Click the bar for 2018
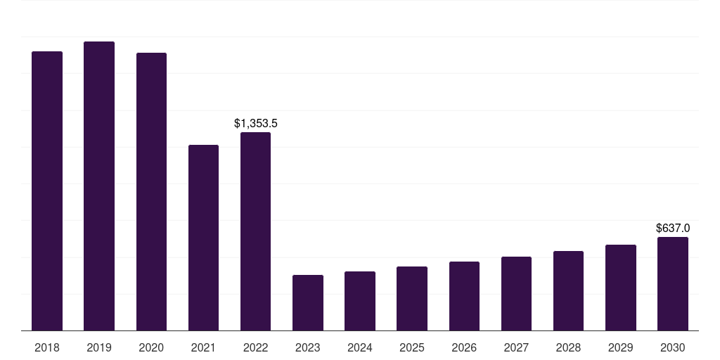pyautogui.click(x=47, y=191)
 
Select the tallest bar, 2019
pyautogui.click(x=99, y=186)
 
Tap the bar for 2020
pyautogui.click(x=151, y=191)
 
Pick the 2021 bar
pyautogui.click(x=203, y=238)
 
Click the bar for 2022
pyautogui.click(x=255, y=231)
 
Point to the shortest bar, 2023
pyautogui.click(x=308, y=302)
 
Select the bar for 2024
pyautogui.click(x=360, y=301)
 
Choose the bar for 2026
pyautogui.click(x=464, y=296)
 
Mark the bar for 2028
pyautogui.click(x=568, y=290)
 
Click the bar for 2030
pyautogui.click(x=673, y=283)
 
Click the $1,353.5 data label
pyautogui.click(x=256, y=124)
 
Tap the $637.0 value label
pyautogui.click(x=673, y=229)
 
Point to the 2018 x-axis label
pyautogui.click(x=47, y=348)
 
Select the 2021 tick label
pyautogui.click(x=203, y=348)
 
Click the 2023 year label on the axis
pyautogui.click(x=308, y=348)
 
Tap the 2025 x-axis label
pyautogui.click(x=412, y=348)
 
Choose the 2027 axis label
pyautogui.click(x=516, y=348)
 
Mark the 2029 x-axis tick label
pyautogui.click(x=621, y=348)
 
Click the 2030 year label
pyautogui.click(x=673, y=348)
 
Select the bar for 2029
pyautogui.click(x=621, y=288)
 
